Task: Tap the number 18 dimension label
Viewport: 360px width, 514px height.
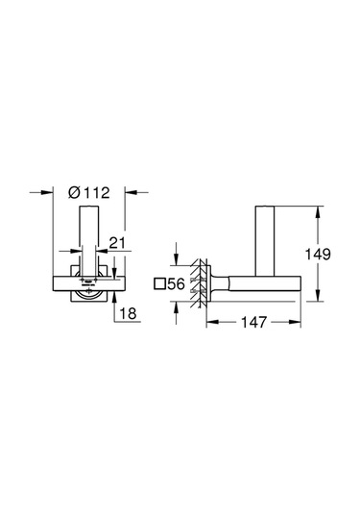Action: (x=128, y=311)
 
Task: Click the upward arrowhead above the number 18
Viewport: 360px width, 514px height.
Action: (x=115, y=293)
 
